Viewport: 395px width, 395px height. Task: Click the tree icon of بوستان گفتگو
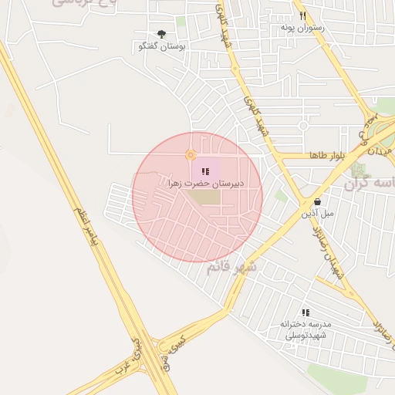pos(161,34)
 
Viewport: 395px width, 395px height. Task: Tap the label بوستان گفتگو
pos(161,46)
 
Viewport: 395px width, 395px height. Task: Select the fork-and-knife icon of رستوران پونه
pos(303,15)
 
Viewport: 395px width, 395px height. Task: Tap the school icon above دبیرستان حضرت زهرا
pos(204,171)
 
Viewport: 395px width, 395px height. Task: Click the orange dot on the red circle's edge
pos(190,155)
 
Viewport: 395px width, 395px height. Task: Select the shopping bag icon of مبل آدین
pos(317,201)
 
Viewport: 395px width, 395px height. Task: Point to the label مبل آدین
pos(317,212)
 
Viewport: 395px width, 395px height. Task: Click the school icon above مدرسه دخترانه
pos(306,312)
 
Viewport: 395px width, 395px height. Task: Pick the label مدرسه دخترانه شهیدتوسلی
pos(306,329)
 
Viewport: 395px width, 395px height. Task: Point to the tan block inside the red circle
pos(205,197)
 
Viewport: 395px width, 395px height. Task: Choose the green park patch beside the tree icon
pos(181,22)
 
